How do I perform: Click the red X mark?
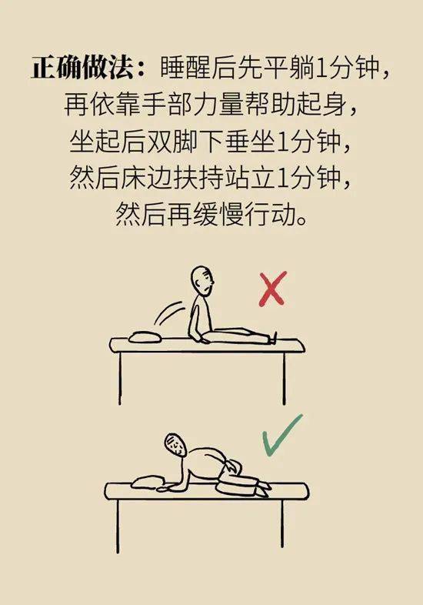coord(273,289)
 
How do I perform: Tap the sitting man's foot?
coord(274,337)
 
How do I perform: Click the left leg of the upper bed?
coord(120,378)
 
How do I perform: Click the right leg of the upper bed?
coord(285,378)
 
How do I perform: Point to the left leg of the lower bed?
coord(118,526)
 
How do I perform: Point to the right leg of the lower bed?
coord(284,523)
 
